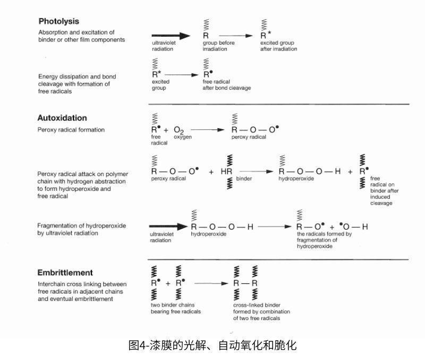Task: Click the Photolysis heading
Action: (x=58, y=22)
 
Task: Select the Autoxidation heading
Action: (x=62, y=118)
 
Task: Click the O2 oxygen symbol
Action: (x=179, y=130)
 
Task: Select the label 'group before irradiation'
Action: (x=216, y=46)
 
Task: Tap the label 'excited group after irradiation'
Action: (x=278, y=46)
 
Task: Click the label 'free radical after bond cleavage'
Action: (x=226, y=85)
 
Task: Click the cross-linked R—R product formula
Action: (x=246, y=283)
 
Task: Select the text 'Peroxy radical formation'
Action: (x=71, y=130)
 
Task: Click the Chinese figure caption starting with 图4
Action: (x=212, y=346)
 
